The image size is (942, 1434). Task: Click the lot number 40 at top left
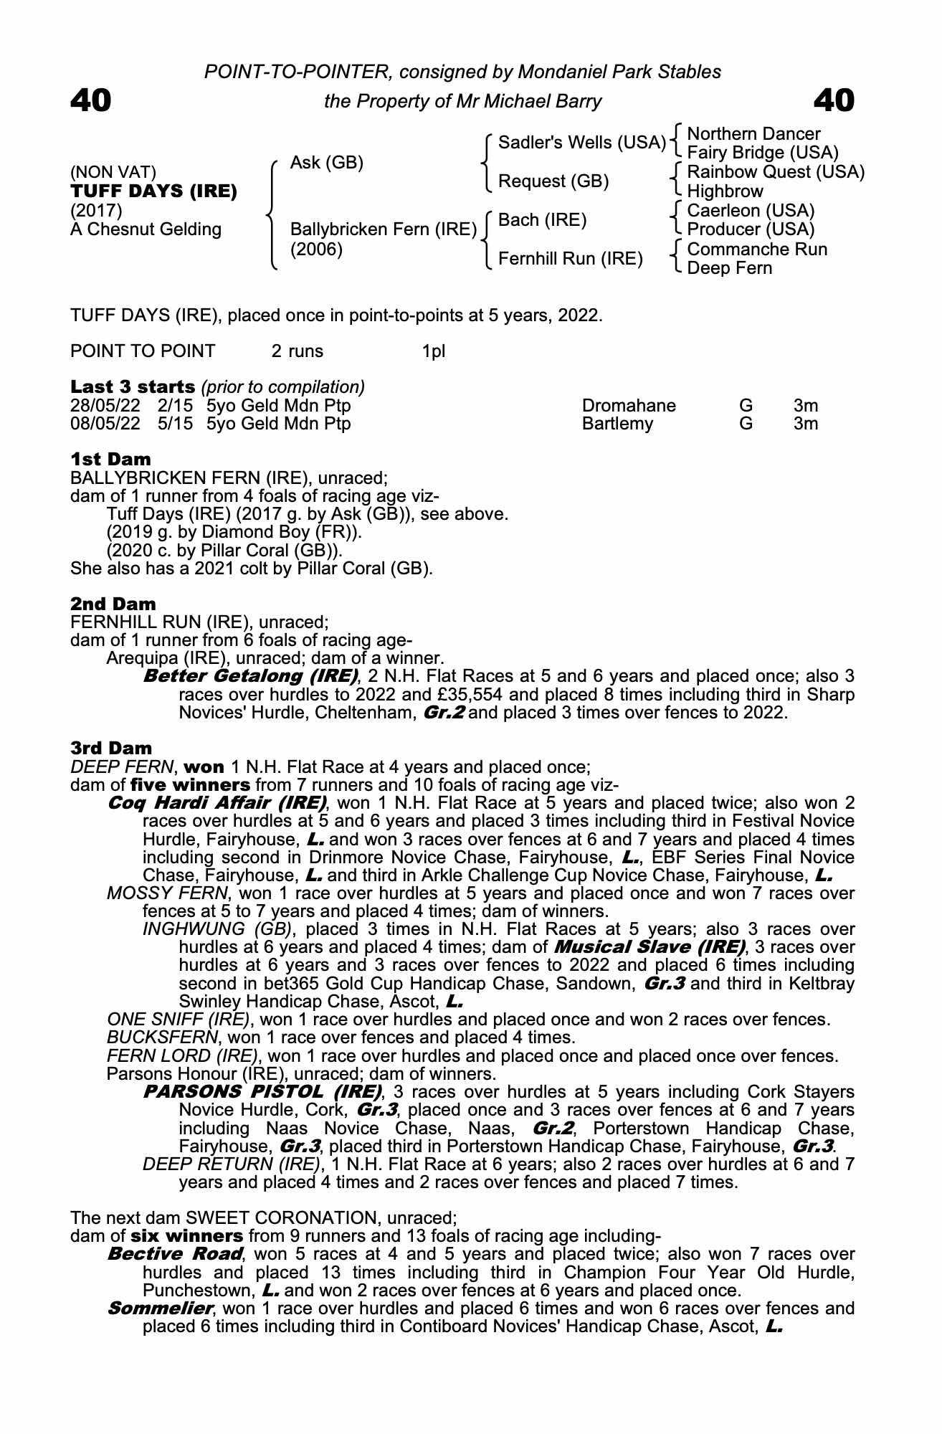tap(91, 100)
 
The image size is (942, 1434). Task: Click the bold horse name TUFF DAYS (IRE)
tap(153, 191)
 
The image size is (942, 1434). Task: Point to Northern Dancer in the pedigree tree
tap(753, 134)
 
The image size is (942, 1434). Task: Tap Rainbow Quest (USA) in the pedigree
tap(776, 172)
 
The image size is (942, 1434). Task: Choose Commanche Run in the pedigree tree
tap(757, 249)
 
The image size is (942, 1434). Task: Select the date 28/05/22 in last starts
tap(105, 406)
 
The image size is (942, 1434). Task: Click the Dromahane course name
tap(629, 406)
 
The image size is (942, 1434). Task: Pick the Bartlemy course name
tap(617, 424)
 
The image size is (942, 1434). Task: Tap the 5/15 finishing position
tap(175, 424)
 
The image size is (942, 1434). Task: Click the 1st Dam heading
tap(110, 459)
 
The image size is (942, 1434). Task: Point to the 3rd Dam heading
tap(111, 749)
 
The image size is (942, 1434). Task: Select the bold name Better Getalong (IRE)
tap(251, 676)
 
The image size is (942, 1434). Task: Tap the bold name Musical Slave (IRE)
tap(650, 947)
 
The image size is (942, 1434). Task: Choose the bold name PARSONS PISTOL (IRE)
tap(262, 1092)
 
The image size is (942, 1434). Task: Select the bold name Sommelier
tap(159, 1309)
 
